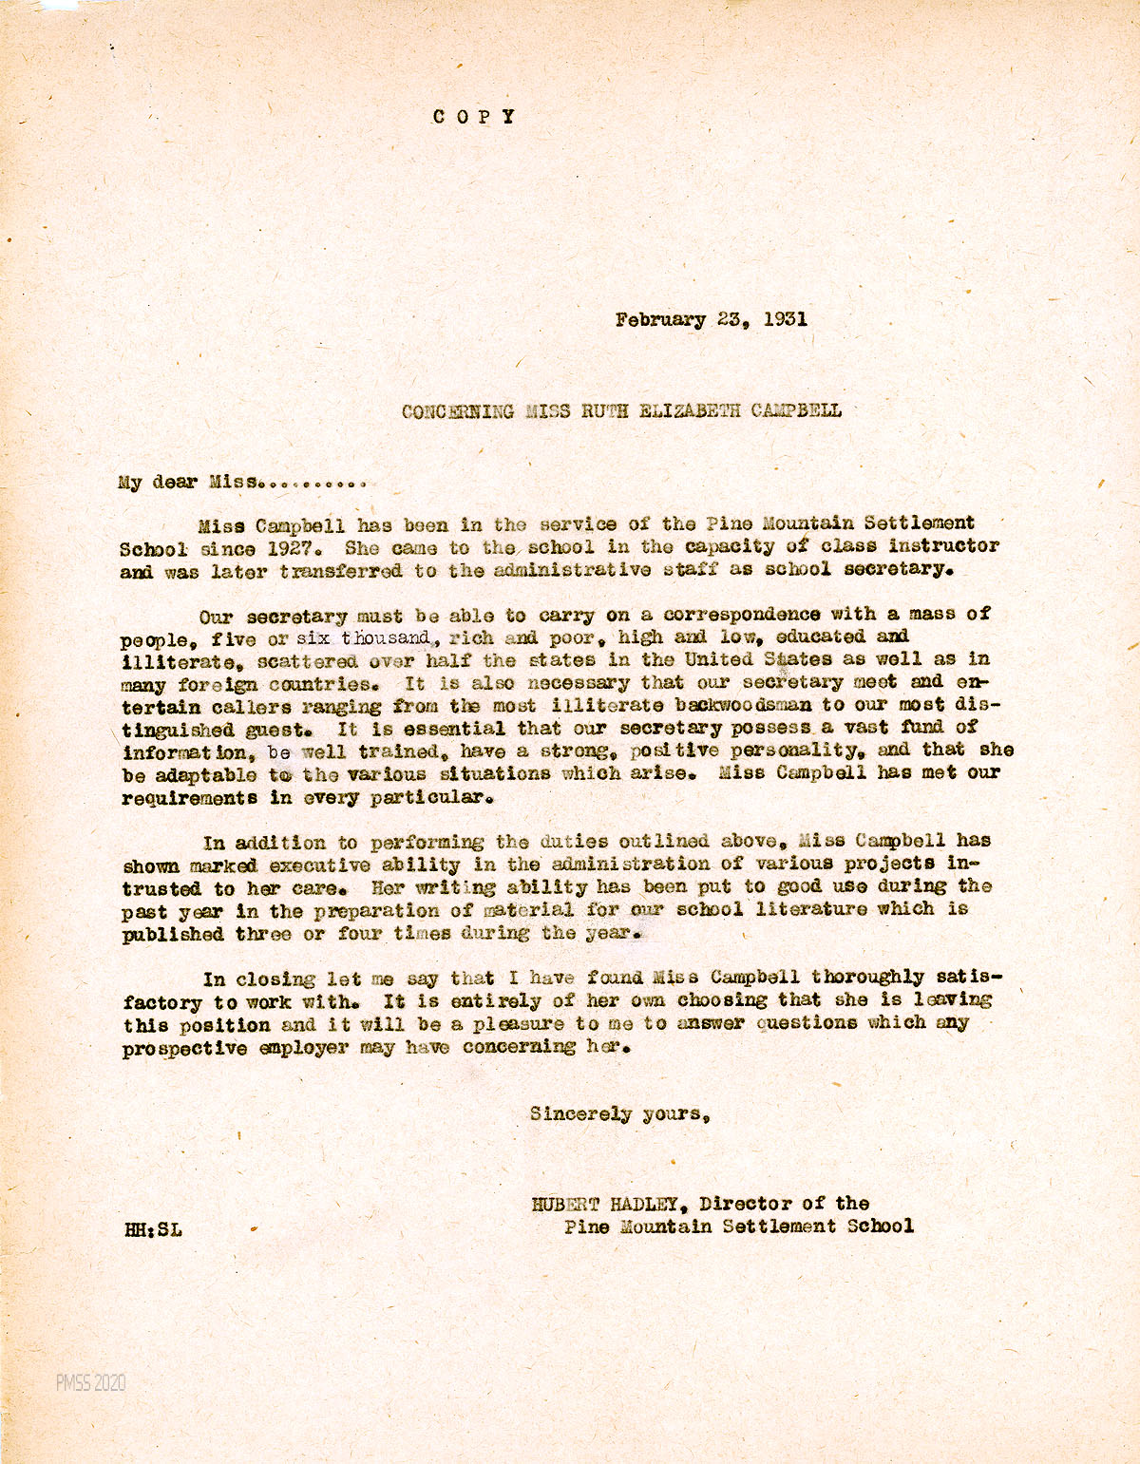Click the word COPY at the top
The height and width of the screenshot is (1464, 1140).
(x=473, y=117)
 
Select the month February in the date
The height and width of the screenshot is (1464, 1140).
(x=660, y=319)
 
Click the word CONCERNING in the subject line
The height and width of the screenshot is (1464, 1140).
(x=457, y=411)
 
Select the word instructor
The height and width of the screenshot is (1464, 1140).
(x=943, y=546)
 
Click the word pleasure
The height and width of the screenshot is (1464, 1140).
(x=519, y=1024)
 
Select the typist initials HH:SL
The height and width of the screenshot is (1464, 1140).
(x=153, y=1229)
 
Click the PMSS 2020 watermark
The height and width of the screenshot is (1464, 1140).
(x=90, y=1383)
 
